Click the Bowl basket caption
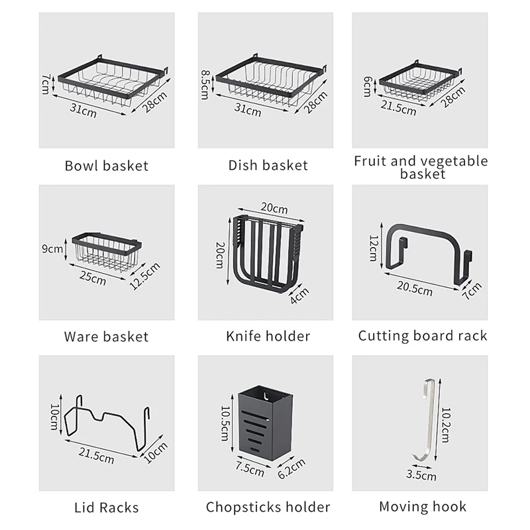tap(106, 165)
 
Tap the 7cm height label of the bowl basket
tap(45, 83)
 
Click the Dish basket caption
tap(268, 165)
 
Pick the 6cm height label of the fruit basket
tap(368, 86)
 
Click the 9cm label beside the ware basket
tap(52, 249)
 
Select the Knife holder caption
tap(268, 337)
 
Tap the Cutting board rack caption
tap(423, 336)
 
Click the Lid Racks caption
tap(107, 508)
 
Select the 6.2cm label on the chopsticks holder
tap(291, 468)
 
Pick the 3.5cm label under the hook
tap(421, 475)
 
